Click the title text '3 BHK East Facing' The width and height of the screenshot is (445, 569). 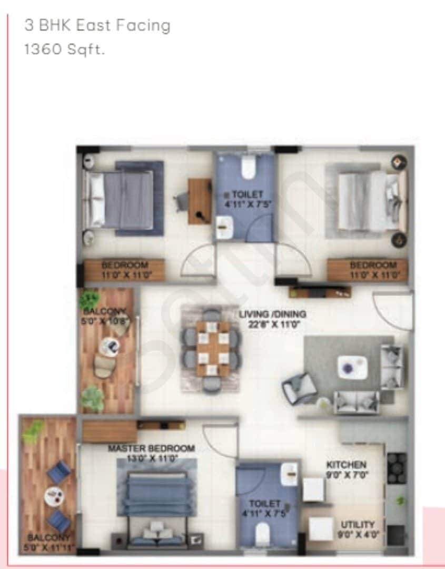97,26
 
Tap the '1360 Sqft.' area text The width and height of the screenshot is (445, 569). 65,51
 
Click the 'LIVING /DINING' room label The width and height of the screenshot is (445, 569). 272,315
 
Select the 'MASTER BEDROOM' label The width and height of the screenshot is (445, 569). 151,448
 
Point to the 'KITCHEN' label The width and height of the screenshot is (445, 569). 346,465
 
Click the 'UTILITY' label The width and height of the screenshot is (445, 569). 358,525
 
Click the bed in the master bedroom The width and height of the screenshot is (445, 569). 158,501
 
